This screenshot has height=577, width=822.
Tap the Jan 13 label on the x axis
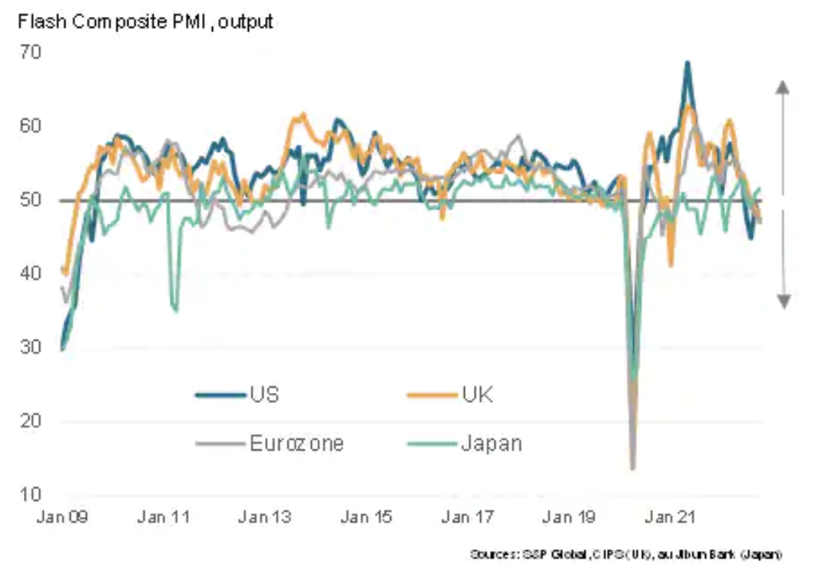pyautogui.click(x=264, y=517)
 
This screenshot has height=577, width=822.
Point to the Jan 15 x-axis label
pyautogui.click(x=366, y=517)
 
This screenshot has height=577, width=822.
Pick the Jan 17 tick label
pyautogui.click(x=466, y=517)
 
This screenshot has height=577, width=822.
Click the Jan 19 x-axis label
pyautogui.click(x=568, y=517)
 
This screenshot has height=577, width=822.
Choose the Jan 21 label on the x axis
pyautogui.click(x=669, y=517)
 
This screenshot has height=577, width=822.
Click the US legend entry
pyautogui.click(x=263, y=395)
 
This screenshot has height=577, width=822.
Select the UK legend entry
pyautogui.click(x=476, y=395)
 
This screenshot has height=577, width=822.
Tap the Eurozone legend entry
pyautogui.click(x=296, y=443)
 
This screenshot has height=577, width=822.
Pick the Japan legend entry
pyautogui.click(x=490, y=443)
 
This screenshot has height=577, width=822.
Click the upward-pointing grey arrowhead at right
pyautogui.click(x=783, y=87)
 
